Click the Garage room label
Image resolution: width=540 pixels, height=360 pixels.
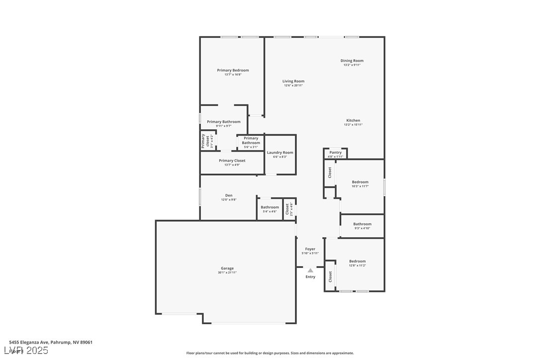(227, 269)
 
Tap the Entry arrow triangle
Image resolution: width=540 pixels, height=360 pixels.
(310, 270)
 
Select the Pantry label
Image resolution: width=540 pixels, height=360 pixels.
(336, 152)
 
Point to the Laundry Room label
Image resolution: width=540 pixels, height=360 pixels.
(280, 153)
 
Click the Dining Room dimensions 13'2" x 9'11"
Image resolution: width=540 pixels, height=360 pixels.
(352, 65)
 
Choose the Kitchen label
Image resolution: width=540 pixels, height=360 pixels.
(353, 120)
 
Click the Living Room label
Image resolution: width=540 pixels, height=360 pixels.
(293, 81)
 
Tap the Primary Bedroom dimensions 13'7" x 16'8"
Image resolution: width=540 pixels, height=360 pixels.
(233, 75)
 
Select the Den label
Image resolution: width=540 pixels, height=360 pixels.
(229, 195)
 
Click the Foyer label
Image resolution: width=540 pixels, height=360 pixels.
(310, 249)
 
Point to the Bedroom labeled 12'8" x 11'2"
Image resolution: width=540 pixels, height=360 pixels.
(357, 261)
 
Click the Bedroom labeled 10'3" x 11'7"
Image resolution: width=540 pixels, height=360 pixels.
(360, 182)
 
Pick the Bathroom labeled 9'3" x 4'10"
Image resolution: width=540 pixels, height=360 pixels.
(362, 224)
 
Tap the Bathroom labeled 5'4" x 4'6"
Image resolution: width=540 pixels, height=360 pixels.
(270, 207)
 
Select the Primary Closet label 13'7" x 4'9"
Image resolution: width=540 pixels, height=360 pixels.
(232, 161)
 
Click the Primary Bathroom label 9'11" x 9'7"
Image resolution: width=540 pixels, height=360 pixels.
(224, 122)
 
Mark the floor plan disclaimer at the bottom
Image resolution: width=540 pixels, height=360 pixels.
(270, 353)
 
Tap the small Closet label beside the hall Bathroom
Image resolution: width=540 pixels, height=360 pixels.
(287, 209)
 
